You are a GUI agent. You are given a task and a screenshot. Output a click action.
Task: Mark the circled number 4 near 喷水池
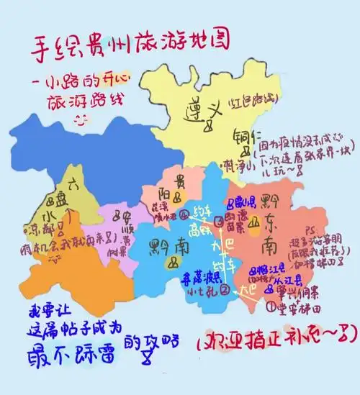pyautogui.click(x=185, y=214)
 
